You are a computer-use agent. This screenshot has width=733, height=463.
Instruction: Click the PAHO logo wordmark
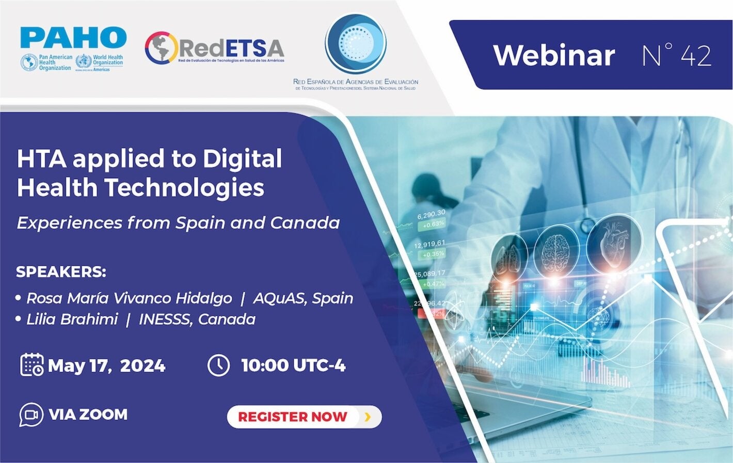point(73,38)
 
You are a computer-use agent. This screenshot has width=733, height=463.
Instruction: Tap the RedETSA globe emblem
point(161,48)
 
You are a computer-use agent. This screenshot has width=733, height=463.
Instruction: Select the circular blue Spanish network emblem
point(355,43)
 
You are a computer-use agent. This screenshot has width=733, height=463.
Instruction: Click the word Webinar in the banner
point(554,55)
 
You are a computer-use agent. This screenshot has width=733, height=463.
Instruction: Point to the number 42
point(696,55)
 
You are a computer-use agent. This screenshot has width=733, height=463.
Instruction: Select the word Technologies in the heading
point(185,187)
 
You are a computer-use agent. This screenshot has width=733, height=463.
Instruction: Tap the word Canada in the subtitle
point(305,222)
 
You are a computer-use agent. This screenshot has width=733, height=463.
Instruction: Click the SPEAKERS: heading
point(61,272)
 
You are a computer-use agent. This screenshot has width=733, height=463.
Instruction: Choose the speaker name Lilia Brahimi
point(72,319)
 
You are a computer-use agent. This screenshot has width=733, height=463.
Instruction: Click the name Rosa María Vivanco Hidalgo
point(129,298)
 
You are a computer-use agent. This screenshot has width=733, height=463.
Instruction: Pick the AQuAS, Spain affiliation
point(303,298)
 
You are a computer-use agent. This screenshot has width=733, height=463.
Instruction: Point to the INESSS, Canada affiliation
point(197,319)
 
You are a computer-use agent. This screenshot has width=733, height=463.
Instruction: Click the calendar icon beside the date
point(31,364)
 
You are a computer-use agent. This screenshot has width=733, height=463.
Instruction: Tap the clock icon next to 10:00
point(218,365)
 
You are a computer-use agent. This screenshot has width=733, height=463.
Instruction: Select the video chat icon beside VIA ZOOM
point(31,414)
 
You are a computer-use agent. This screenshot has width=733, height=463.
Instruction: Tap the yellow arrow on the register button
point(368,417)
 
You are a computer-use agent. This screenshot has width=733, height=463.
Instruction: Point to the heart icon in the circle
point(614,243)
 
